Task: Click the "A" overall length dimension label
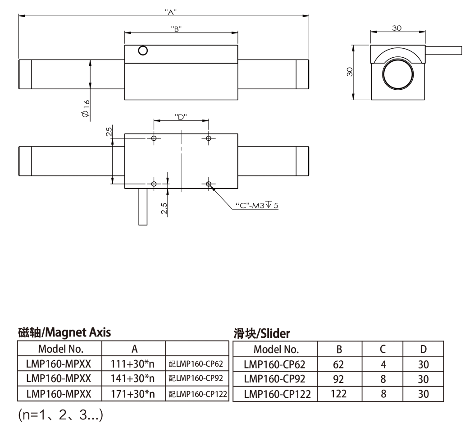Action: pos(171,12)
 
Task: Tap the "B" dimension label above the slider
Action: pos(176,29)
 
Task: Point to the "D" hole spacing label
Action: pos(181,117)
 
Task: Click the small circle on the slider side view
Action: pos(143,51)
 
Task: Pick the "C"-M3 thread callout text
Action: pos(257,205)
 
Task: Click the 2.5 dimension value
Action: pos(164,208)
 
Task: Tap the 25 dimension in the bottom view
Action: pos(109,131)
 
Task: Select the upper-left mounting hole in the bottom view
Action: pos(154,138)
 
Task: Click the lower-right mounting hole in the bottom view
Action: pos(209,184)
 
